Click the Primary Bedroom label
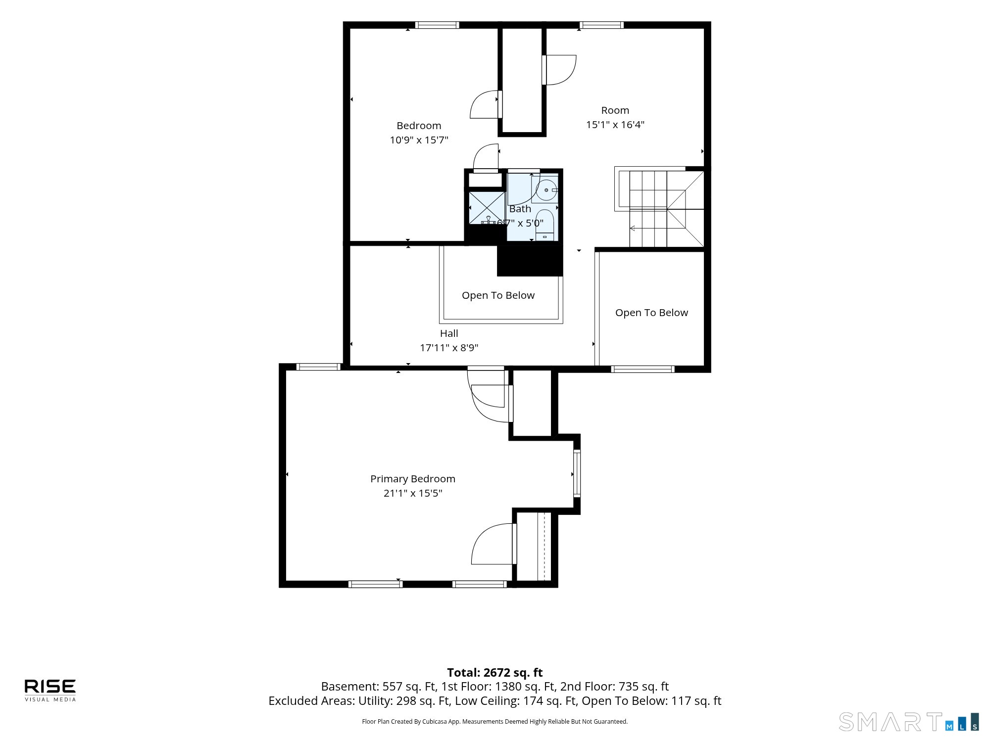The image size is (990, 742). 413,479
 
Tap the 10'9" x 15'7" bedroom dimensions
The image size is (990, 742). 419,140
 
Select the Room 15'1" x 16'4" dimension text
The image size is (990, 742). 615,125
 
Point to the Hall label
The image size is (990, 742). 449,333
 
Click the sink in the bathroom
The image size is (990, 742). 546,190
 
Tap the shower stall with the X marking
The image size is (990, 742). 487,208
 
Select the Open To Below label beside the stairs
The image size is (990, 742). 651,313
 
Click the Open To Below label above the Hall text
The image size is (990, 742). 498,295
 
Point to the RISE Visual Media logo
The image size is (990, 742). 50,690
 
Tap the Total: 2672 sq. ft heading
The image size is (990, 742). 495,673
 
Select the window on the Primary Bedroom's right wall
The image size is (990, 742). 577,473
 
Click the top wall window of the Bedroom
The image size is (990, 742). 437,25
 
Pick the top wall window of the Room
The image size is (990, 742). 601,25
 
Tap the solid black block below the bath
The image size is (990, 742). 530,261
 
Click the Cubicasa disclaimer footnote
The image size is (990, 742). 495,722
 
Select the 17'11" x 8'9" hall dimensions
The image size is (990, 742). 449,348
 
